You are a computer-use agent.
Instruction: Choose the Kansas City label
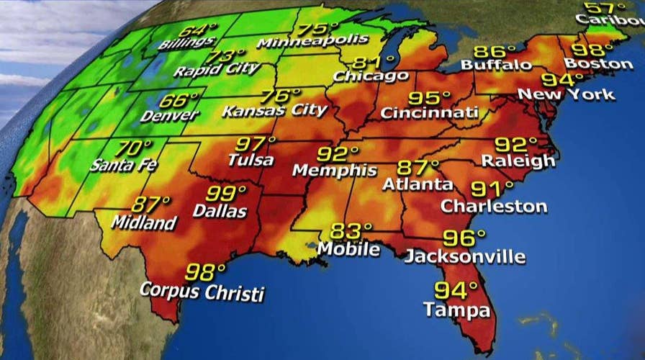click(x=274, y=111)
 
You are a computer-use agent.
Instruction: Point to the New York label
click(x=567, y=94)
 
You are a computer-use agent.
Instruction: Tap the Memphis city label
click(x=335, y=171)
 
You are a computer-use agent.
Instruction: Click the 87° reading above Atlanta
click(x=418, y=168)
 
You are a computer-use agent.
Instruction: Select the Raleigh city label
click(x=518, y=160)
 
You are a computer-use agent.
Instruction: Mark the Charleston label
click(x=494, y=207)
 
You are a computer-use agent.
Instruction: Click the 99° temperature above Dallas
click(x=226, y=194)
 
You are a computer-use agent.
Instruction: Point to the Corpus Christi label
click(x=202, y=292)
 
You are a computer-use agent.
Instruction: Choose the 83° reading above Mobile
click(x=351, y=232)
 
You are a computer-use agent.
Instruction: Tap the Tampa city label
click(x=457, y=310)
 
